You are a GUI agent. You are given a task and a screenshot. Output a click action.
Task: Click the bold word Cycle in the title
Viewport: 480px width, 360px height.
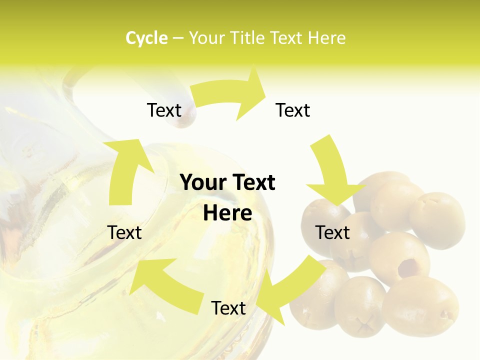tap(146, 38)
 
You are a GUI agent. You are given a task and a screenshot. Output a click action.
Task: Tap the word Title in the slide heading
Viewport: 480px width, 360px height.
tap(247, 38)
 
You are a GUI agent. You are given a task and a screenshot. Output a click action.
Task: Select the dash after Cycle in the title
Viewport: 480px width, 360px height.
tap(178, 38)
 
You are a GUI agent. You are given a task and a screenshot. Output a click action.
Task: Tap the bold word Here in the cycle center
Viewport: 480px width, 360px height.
tap(227, 213)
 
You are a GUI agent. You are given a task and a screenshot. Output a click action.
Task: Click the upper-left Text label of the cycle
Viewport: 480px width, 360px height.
tap(164, 110)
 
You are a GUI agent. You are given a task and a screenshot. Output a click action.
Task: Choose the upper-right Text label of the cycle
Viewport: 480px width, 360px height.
tap(293, 110)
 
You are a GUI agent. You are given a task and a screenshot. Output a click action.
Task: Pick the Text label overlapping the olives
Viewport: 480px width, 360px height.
tap(332, 232)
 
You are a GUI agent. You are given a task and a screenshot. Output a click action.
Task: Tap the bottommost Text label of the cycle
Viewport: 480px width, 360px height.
tap(228, 308)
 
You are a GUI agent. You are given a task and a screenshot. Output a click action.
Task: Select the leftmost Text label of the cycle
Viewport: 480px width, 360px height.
tap(124, 232)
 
